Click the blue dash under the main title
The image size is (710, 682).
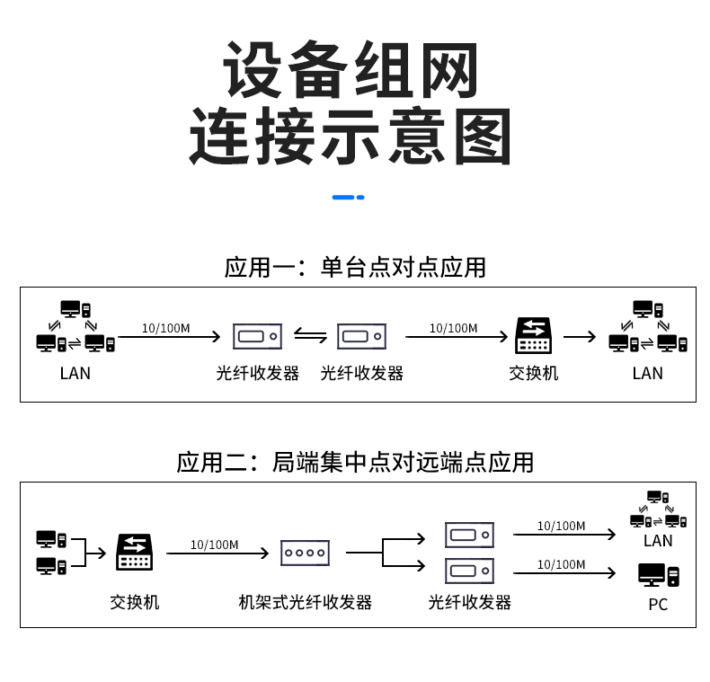348,197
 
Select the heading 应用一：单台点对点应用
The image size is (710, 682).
355,267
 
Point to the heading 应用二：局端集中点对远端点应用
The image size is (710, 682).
355,462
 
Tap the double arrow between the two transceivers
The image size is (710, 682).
310,337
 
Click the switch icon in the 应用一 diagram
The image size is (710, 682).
534,336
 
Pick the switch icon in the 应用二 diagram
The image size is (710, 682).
135,552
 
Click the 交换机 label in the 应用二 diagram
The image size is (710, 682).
135,601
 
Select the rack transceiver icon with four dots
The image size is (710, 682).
306,553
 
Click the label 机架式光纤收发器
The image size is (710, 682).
306,601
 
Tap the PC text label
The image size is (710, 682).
658,605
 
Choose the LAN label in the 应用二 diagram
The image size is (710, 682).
658,541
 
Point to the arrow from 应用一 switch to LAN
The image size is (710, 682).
580,337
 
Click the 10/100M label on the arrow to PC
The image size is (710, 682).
561,564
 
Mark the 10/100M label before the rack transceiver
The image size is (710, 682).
214,545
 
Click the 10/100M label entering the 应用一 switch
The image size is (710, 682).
453,328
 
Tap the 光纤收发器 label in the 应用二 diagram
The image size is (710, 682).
469,601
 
